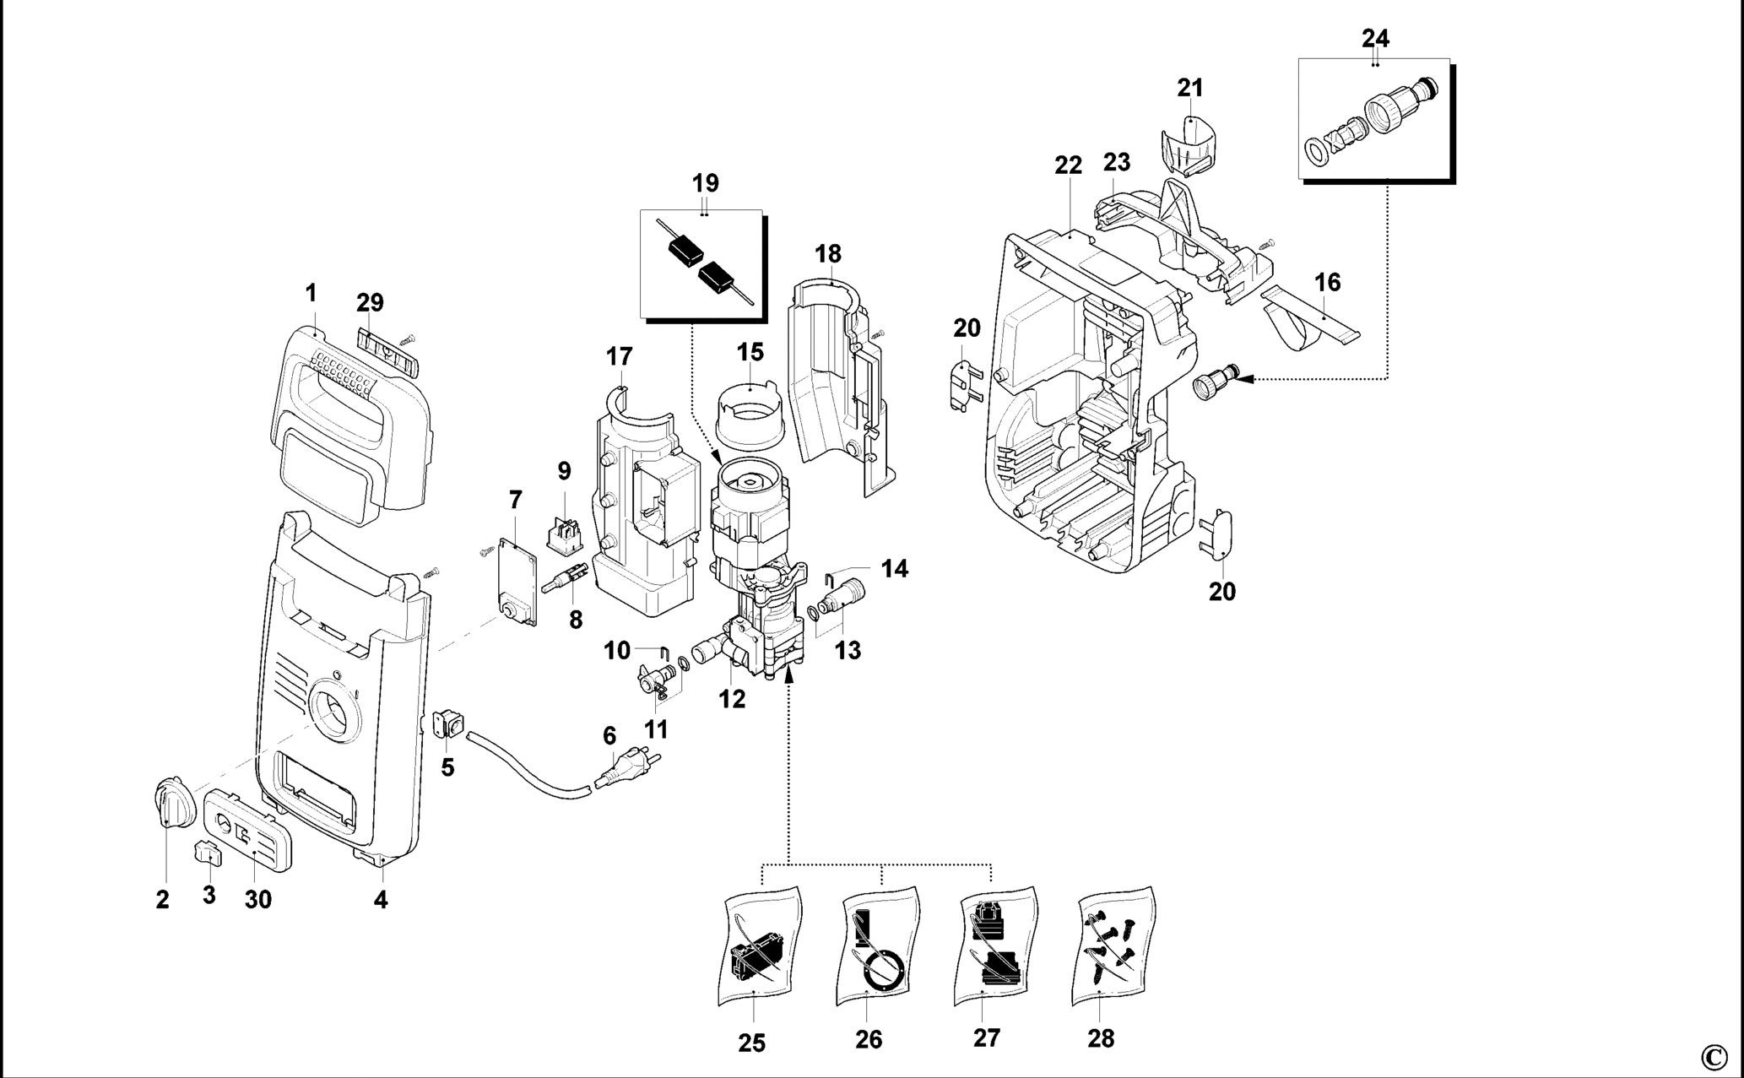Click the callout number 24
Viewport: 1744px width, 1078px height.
tap(1375, 38)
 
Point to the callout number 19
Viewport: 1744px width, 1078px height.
tap(705, 182)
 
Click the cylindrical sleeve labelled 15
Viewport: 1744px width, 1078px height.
tap(750, 413)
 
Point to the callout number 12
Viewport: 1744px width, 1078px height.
tap(732, 699)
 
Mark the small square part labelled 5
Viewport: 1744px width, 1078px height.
tap(449, 723)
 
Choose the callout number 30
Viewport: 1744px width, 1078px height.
tap(258, 899)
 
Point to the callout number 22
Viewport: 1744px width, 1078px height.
tap(1068, 165)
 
